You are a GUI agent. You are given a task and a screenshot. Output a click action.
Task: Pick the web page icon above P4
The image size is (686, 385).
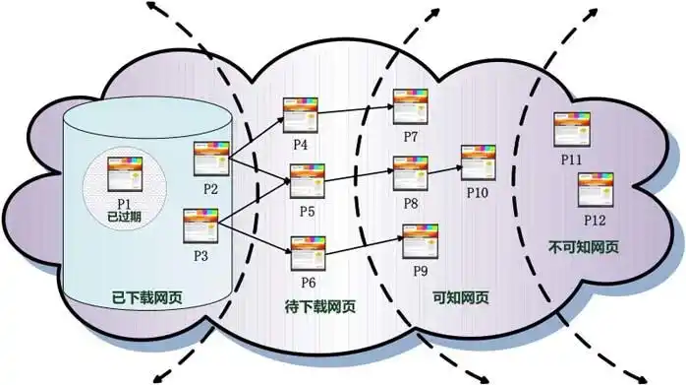[x=299, y=115]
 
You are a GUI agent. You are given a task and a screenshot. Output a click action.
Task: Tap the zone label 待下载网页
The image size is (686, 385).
[x=314, y=305]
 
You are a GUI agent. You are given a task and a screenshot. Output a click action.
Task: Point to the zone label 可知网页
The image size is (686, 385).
[x=459, y=295]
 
